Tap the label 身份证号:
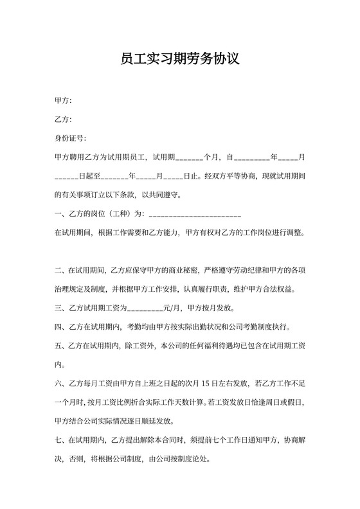(x=70, y=138)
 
